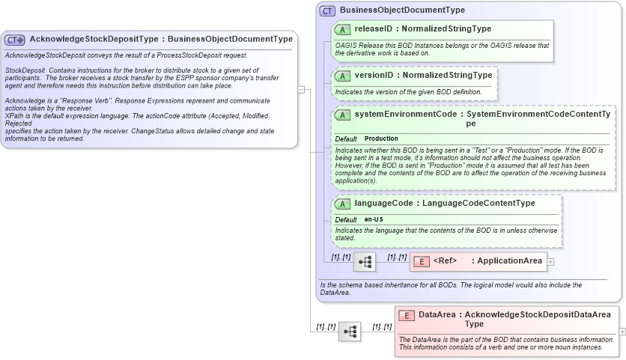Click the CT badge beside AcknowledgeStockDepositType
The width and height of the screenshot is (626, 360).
[x=15, y=39]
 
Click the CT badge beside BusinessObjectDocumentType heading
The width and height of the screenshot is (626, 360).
[x=327, y=10]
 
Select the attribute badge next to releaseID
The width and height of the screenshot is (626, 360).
[x=342, y=29]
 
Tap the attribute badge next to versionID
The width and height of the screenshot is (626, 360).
[x=342, y=76]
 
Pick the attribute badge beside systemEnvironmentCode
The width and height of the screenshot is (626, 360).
[x=342, y=115]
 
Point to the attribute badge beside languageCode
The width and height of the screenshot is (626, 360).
[x=342, y=204]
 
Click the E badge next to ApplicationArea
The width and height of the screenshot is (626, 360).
[x=422, y=261]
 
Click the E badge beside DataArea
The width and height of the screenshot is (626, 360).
[x=407, y=315]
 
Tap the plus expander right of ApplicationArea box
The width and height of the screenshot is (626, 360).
[x=550, y=262]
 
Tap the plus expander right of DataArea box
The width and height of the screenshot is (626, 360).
[x=622, y=331]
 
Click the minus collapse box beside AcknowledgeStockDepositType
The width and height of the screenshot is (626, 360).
[x=301, y=89]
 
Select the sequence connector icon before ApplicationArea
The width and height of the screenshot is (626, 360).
[x=365, y=262]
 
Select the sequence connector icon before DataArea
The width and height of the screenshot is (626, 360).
[x=350, y=332]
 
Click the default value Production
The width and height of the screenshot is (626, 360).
[x=381, y=139]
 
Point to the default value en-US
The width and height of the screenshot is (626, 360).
[x=374, y=219]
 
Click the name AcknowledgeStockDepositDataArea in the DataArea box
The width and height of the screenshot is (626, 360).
[x=537, y=315]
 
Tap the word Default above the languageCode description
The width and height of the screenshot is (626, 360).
[x=345, y=219]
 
